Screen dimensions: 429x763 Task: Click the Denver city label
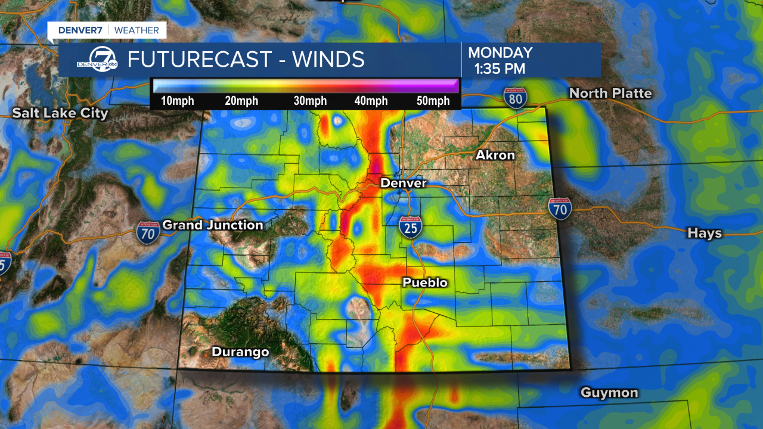pyautogui.click(x=404, y=183)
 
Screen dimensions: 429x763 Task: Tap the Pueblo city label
pyautogui.click(x=425, y=282)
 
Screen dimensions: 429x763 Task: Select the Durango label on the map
pyautogui.click(x=240, y=352)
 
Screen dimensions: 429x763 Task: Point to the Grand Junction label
pyautogui.click(x=213, y=225)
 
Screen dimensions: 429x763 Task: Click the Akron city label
pyautogui.click(x=495, y=156)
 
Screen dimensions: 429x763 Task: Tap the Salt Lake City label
pyautogui.click(x=60, y=113)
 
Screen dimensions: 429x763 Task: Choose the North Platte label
pyautogui.click(x=610, y=94)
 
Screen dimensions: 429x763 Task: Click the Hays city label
pyautogui.click(x=705, y=233)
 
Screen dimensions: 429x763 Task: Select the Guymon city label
pyautogui.click(x=609, y=393)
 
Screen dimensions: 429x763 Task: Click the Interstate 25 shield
pyautogui.click(x=411, y=227)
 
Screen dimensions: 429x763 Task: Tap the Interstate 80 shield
pyautogui.click(x=514, y=97)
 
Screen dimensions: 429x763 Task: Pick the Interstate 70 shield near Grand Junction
pyautogui.click(x=147, y=232)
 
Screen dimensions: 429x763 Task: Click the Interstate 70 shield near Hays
pyautogui.click(x=560, y=208)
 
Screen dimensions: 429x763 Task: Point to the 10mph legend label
pyautogui.click(x=178, y=101)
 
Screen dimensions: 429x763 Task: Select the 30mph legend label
pyautogui.click(x=310, y=101)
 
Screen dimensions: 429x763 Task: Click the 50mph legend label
pyautogui.click(x=433, y=101)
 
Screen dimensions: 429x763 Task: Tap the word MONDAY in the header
pyautogui.click(x=500, y=53)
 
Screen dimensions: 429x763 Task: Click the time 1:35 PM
pyautogui.click(x=500, y=69)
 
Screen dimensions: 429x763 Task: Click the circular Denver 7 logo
pyautogui.click(x=105, y=60)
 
